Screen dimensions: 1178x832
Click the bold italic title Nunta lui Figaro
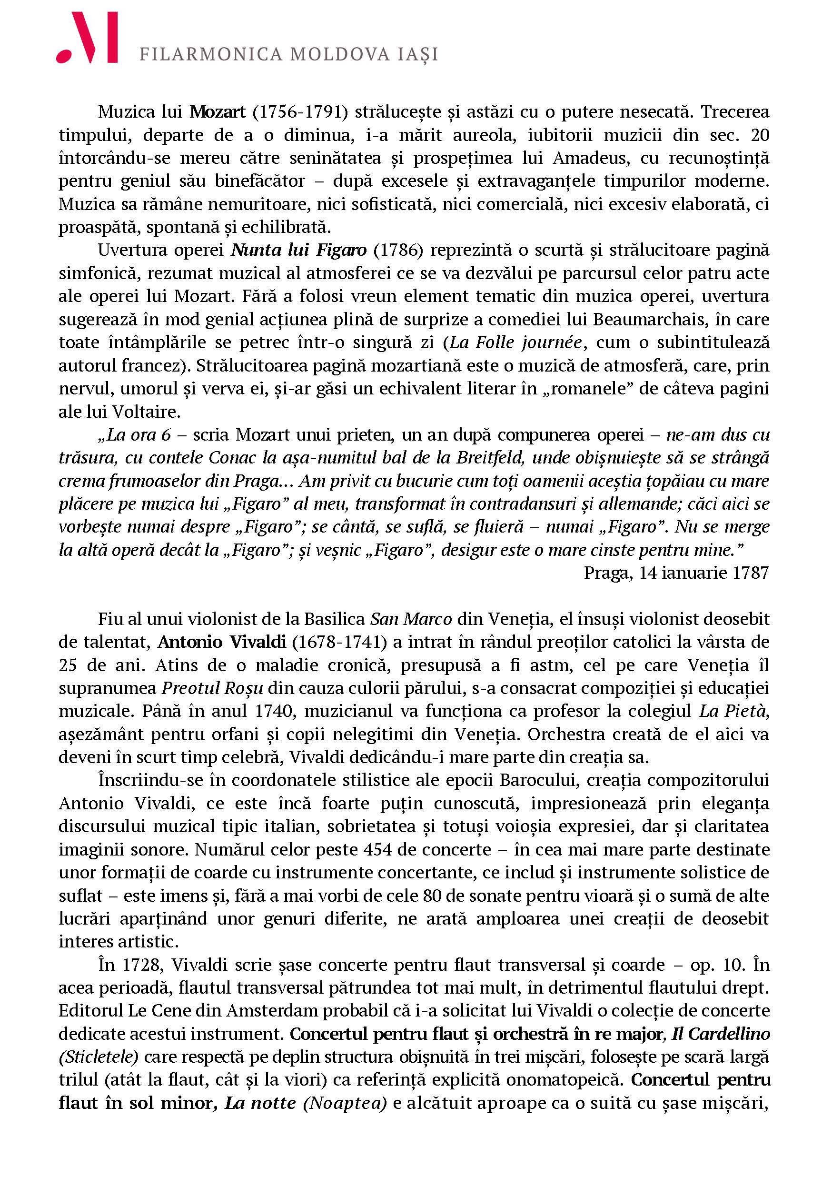(299, 250)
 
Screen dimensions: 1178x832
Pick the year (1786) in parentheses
(398, 250)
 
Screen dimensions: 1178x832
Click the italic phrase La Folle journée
(515, 342)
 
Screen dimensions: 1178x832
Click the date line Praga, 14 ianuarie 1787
(676, 573)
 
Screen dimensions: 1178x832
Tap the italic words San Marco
(411, 619)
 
